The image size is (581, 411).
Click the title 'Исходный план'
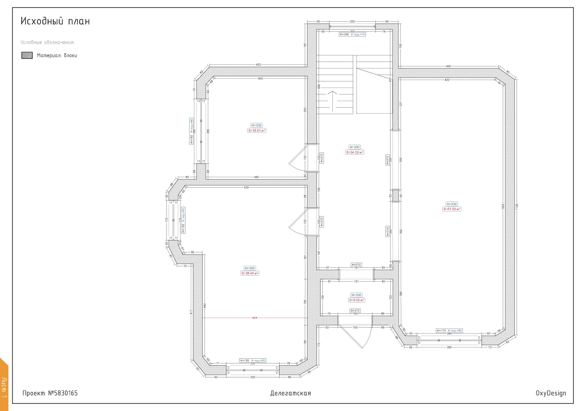pos(55,21)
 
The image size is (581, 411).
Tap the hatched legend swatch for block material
pos(27,55)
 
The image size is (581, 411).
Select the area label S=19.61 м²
pos(257,131)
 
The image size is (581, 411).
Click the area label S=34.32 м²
pos(355,152)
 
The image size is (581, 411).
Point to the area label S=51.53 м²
pos(452,209)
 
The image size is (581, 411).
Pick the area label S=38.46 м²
pos(250,273)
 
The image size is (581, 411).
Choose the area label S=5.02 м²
pos(357,300)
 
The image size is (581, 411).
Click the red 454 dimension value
pos(255,318)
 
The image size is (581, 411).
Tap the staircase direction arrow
pos(332,101)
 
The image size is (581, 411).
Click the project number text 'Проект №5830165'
pos(50,393)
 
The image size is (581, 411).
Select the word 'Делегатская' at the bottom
pos(290,393)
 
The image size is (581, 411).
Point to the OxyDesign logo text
pos(551,393)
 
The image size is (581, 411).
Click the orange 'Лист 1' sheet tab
pos(4,385)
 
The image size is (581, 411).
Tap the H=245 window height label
pos(344,35)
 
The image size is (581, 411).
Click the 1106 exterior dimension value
pos(517,207)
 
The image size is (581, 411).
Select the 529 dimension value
pos(246,188)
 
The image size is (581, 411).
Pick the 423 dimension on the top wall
pos(258,65)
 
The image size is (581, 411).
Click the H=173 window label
pos(441,331)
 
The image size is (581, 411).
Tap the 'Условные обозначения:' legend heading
pos(48,42)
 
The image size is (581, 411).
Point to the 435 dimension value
pos(448,66)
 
